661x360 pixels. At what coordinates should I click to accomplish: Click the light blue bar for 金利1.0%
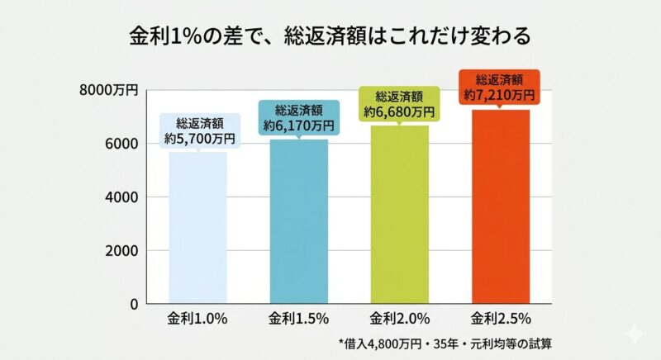(x=197, y=227)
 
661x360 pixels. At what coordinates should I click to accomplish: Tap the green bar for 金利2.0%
(x=399, y=215)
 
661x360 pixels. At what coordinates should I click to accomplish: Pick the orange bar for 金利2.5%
(x=500, y=206)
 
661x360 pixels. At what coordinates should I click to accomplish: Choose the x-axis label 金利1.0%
(x=197, y=319)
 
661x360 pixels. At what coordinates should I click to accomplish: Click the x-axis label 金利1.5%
(x=299, y=319)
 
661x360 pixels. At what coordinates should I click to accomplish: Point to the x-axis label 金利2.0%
(x=399, y=319)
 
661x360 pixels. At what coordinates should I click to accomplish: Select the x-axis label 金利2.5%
(x=500, y=319)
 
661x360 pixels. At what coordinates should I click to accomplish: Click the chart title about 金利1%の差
(x=330, y=37)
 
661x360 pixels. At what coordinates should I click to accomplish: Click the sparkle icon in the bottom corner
(x=635, y=334)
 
